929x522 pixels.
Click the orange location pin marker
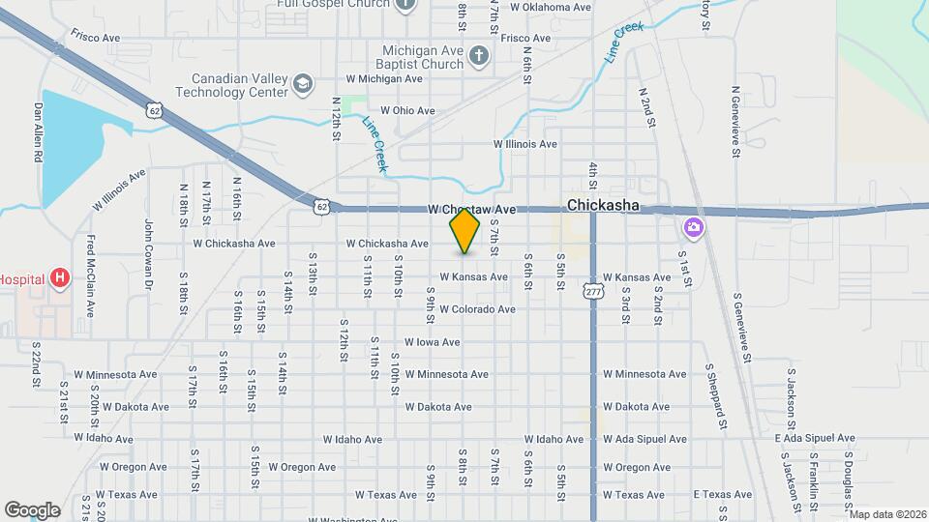click(x=465, y=230)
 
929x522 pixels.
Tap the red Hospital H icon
click(x=60, y=279)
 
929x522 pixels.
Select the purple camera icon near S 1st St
click(x=693, y=228)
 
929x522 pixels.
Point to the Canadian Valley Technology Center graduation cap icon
click(x=302, y=84)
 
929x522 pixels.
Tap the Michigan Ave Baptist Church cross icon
click(x=477, y=56)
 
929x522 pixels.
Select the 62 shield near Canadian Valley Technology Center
click(x=155, y=110)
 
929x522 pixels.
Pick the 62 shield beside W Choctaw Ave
click(x=323, y=205)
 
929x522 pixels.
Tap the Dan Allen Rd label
click(x=40, y=131)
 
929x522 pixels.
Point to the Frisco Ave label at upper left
click(x=95, y=37)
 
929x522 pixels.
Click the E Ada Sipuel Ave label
click(x=815, y=438)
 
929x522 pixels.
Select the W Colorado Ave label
click(x=477, y=309)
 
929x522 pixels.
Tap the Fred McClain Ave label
click(x=90, y=276)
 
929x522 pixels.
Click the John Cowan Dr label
click(x=150, y=255)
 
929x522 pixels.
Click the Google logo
click(x=32, y=509)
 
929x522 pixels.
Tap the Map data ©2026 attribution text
click(x=886, y=514)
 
